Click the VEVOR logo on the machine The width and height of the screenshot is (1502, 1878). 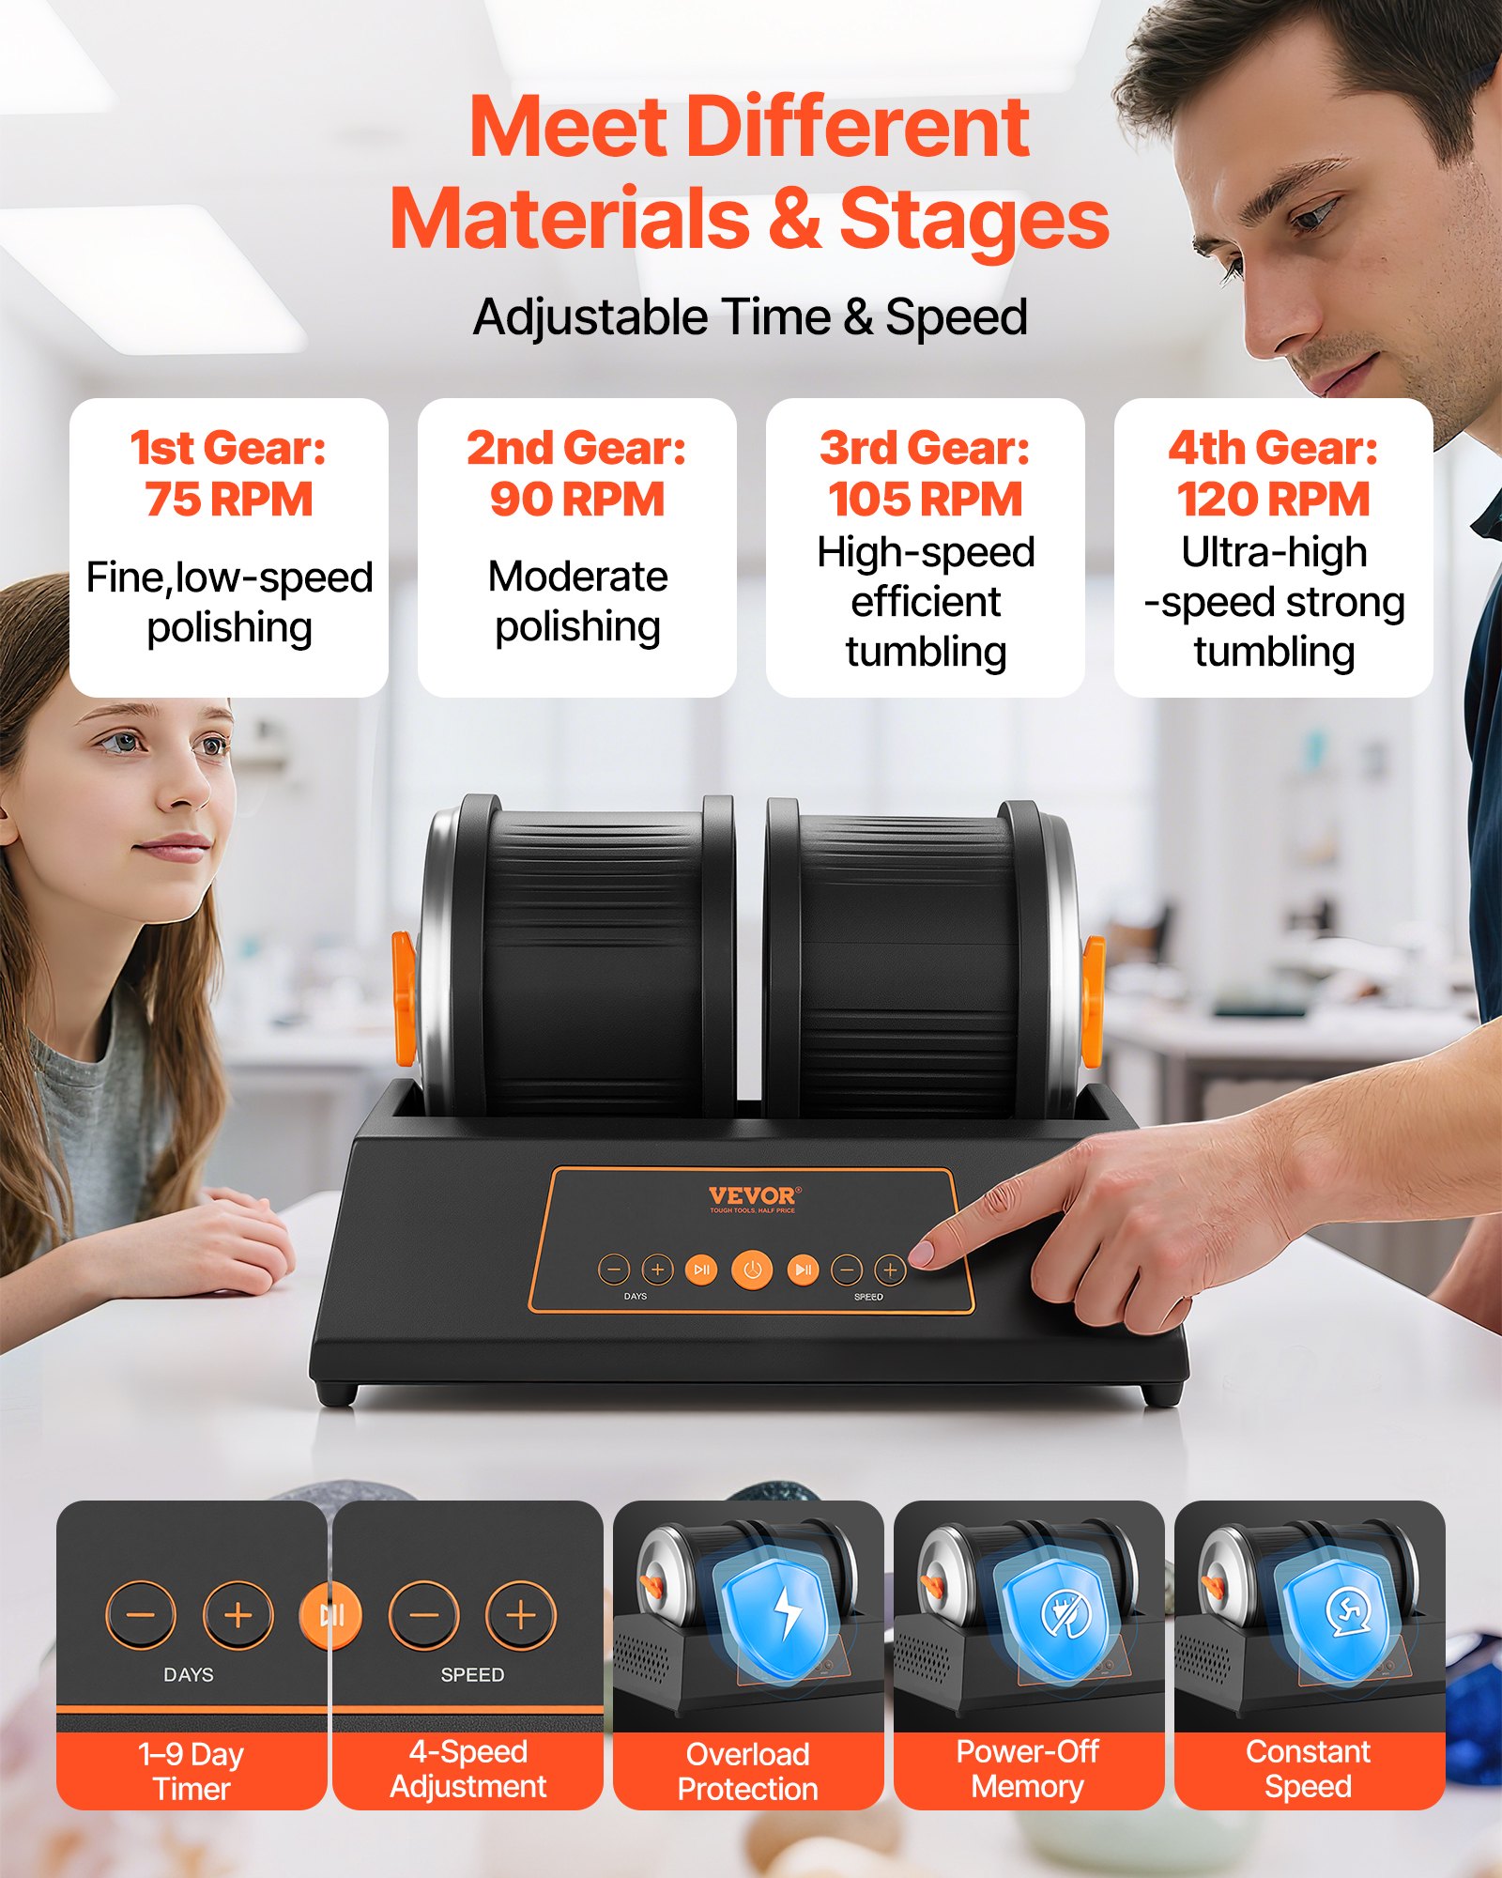click(x=752, y=1196)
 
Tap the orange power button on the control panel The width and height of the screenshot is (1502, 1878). click(x=752, y=1270)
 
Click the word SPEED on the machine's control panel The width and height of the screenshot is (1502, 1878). click(x=868, y=1297)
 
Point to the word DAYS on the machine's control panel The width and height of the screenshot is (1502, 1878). click(x=636, y=1297)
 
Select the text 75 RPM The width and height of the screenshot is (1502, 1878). click(x=229, y=500)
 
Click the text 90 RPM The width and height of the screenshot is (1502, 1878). click(x=577, y=500)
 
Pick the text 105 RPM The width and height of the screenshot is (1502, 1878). click(x=926, y=500)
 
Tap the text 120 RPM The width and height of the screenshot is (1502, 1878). click(x=1274, y=500)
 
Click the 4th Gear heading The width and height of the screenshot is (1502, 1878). click(x=1274, y=448)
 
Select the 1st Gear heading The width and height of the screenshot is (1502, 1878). click(x=229, y=448)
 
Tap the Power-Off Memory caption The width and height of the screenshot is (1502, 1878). click(x=1028, y=1769)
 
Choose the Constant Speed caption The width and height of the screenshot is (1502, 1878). click(x=1309, y=1769)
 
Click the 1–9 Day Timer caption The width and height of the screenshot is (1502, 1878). click(x=192, y=1771)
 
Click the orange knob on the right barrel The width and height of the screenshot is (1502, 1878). click(x=1093, y=1001)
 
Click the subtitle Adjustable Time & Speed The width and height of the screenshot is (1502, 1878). click(x=750, y=317)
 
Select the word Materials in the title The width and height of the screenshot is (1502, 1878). click(x=570, y=219)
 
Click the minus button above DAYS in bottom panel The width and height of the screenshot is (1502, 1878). click(x=141, y=1615)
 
